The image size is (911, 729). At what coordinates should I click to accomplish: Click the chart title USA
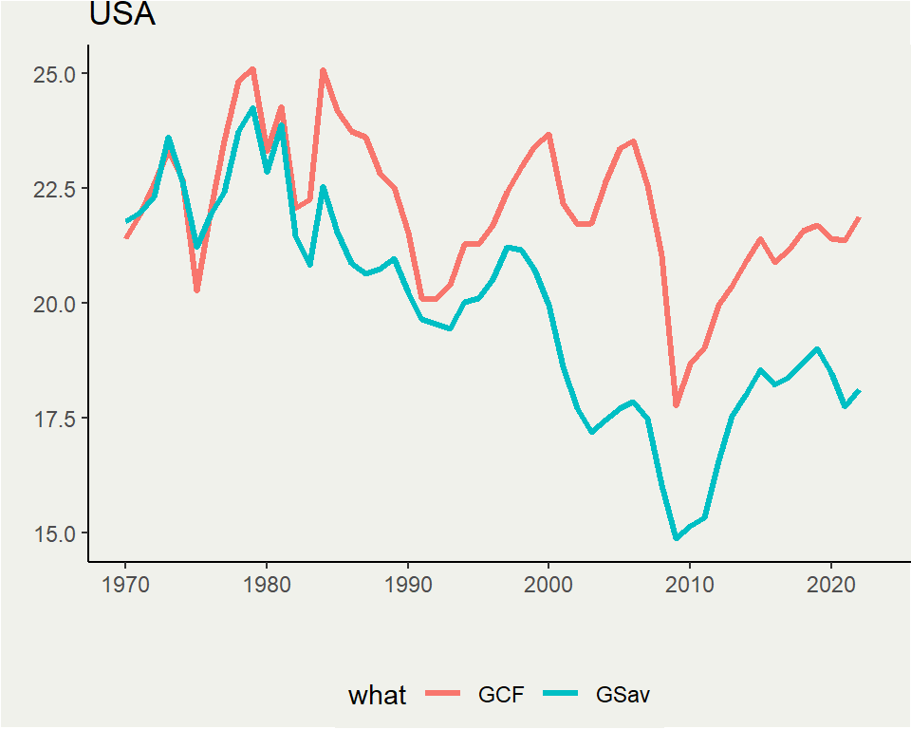[x=121, y=15]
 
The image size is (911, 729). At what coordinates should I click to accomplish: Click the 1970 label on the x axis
[x=125, y=583]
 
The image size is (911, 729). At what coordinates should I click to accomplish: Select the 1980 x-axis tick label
[x=267, y=583]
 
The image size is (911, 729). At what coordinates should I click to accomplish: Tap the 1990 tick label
[x=408, y=583]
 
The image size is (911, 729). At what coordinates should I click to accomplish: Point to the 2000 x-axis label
[x=548, y=583]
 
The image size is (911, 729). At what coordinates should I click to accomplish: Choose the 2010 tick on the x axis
[x=690, y=583]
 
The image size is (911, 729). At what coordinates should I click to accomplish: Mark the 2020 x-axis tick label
[x=831, y=583]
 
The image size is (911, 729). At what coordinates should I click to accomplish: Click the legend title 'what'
[x=377, y=696]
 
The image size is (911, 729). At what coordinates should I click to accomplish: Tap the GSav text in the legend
[x=623, y=695]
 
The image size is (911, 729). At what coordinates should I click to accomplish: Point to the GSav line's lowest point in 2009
[x=677, y=538]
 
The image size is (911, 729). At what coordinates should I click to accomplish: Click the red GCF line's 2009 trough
[x=677, y=405]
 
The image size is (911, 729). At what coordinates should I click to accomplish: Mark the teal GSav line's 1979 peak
[x=252, y=108]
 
